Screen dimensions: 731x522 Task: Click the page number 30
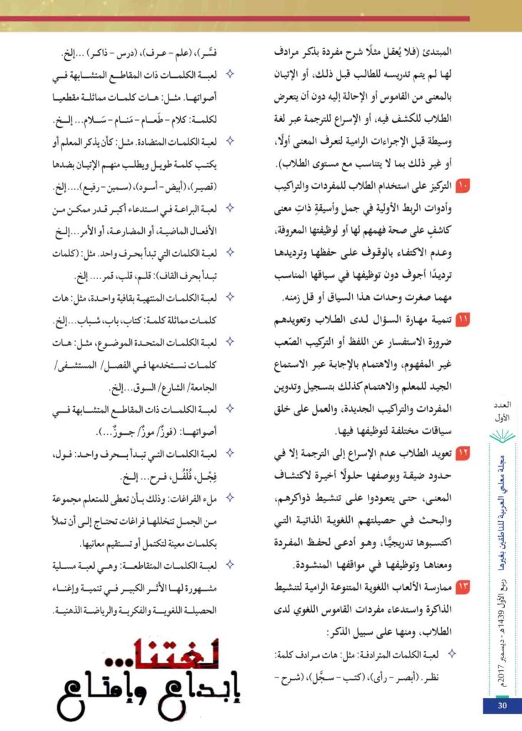pos(501,706)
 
